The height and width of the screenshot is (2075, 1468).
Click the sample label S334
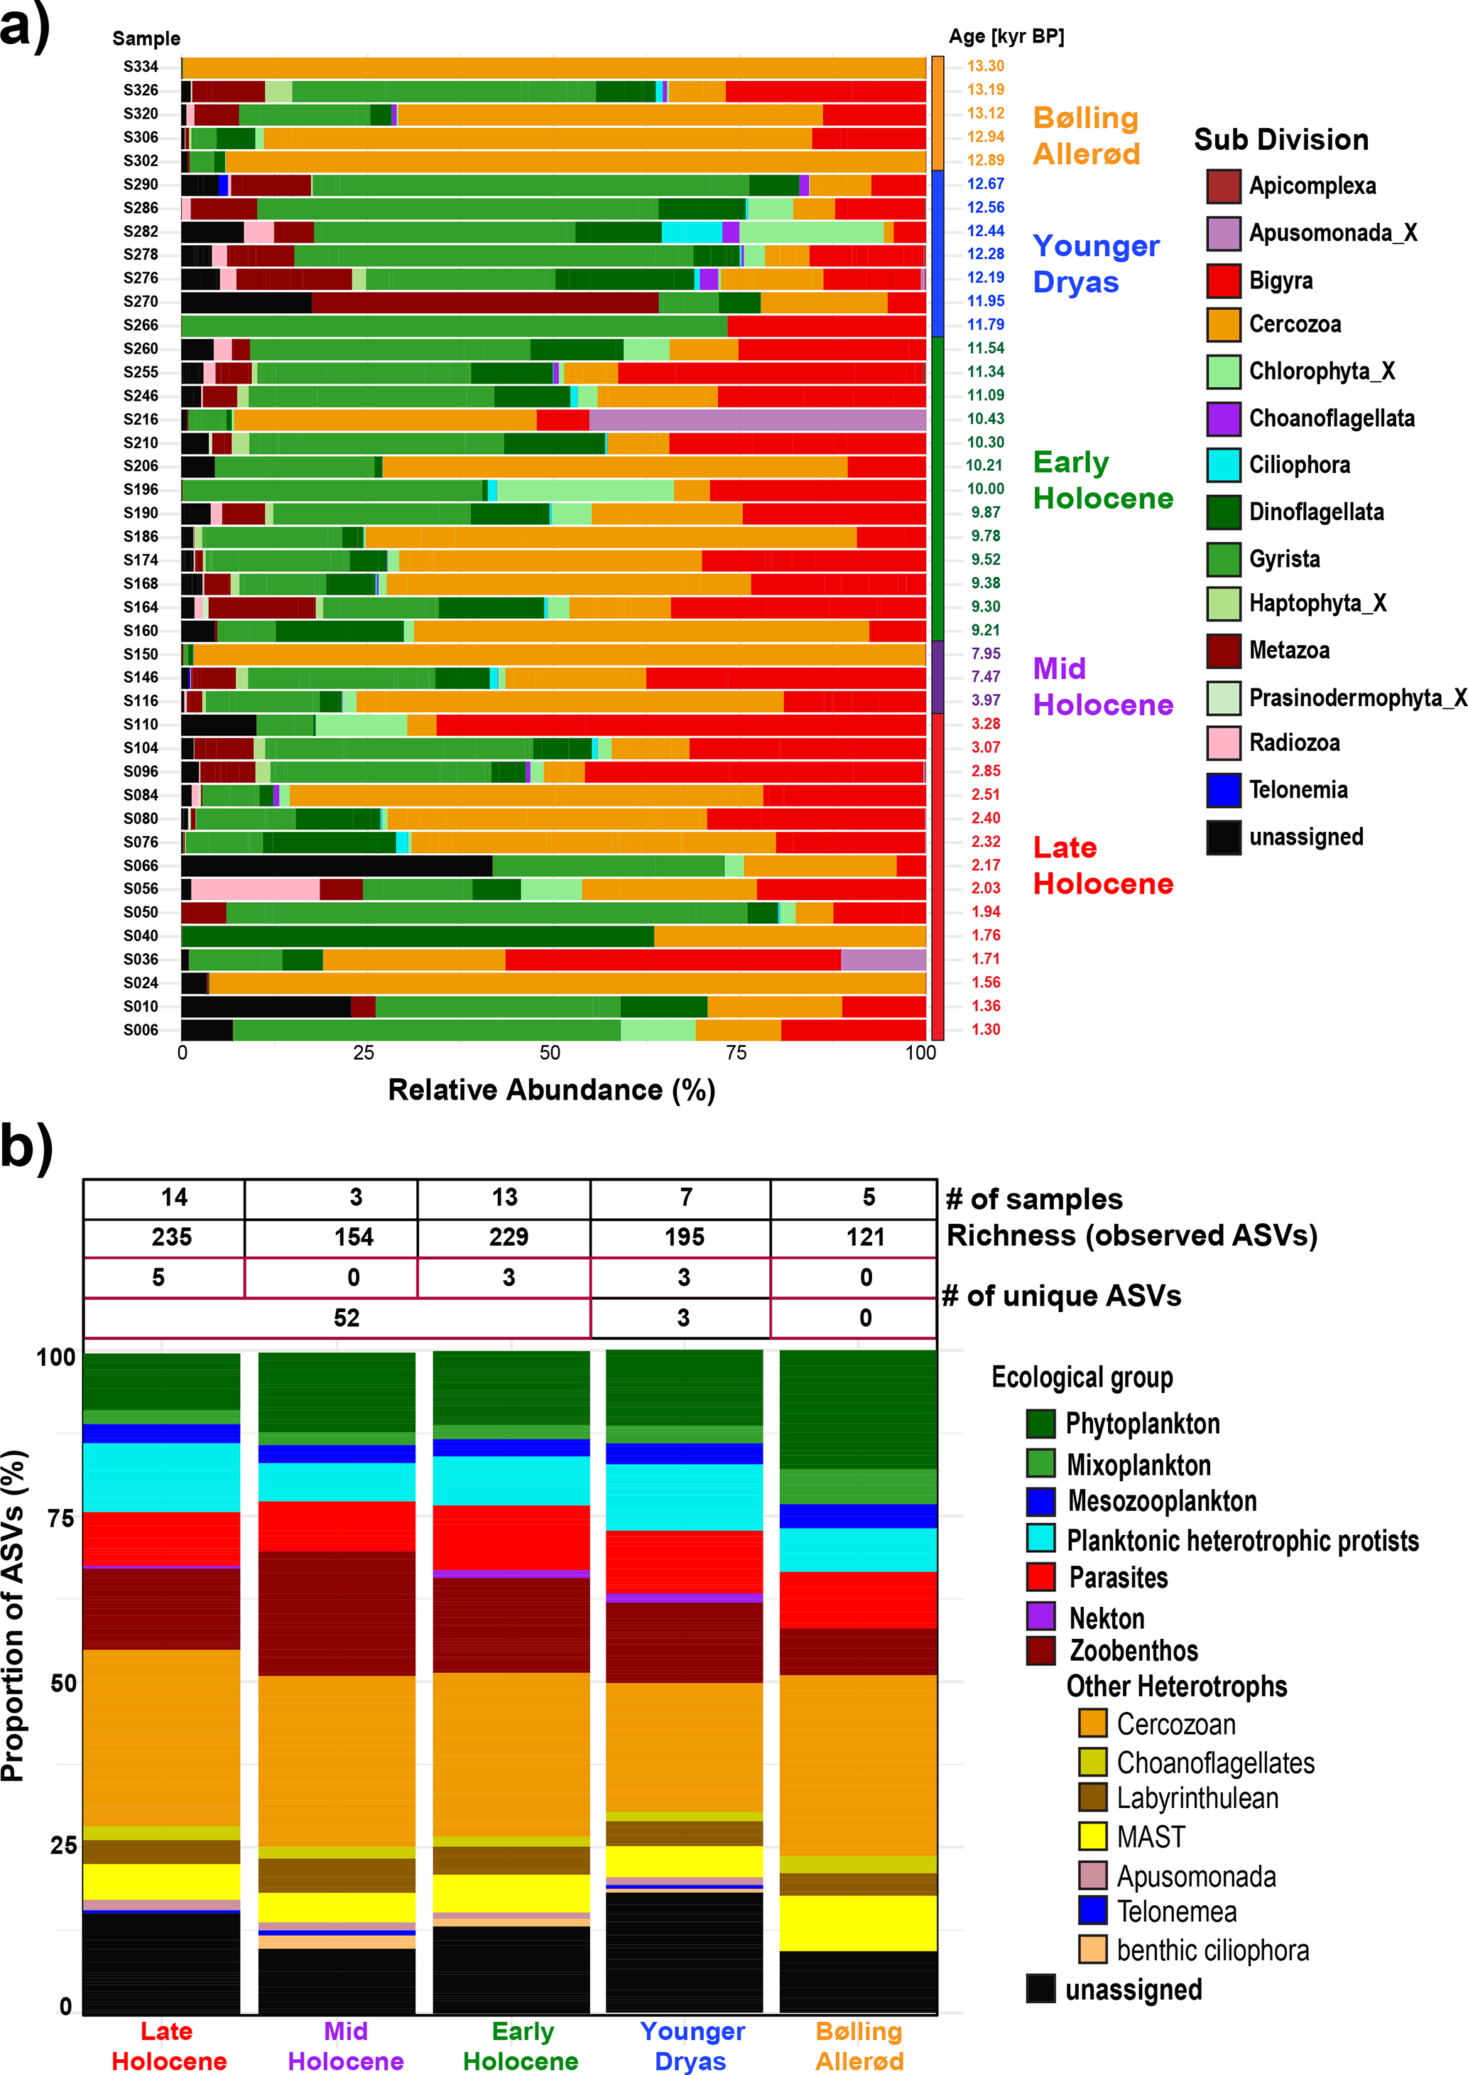(x=141, y=67)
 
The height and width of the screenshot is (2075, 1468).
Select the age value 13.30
(x=985, y=66)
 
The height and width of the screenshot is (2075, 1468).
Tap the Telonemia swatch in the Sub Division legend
(x=1223, y=790)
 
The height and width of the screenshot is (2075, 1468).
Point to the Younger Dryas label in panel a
(x=1096, y=263)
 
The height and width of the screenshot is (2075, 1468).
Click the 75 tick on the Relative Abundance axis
(x=736, y=1053)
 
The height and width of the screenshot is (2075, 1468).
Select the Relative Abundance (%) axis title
(x=551, y=1090)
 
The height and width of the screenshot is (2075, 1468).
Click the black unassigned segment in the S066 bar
(x=336, y=865)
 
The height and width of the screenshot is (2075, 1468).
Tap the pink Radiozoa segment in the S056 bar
(x=255, y=889)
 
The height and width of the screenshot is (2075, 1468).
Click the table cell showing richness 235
(x=172, y=1237)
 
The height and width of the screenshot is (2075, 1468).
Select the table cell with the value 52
(x=346, y=1317)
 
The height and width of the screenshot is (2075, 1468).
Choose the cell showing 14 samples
(x=173, y=1198)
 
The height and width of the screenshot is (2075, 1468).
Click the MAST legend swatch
(x=1093, y=1836)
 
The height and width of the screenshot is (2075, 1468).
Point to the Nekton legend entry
(x=1107, y=1618)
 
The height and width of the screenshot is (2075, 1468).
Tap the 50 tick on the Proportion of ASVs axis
(x=63, y=1683)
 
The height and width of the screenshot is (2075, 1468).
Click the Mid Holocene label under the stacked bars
(x=345, y=2045)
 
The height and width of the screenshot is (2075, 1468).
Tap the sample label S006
(x=141, y=1030)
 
